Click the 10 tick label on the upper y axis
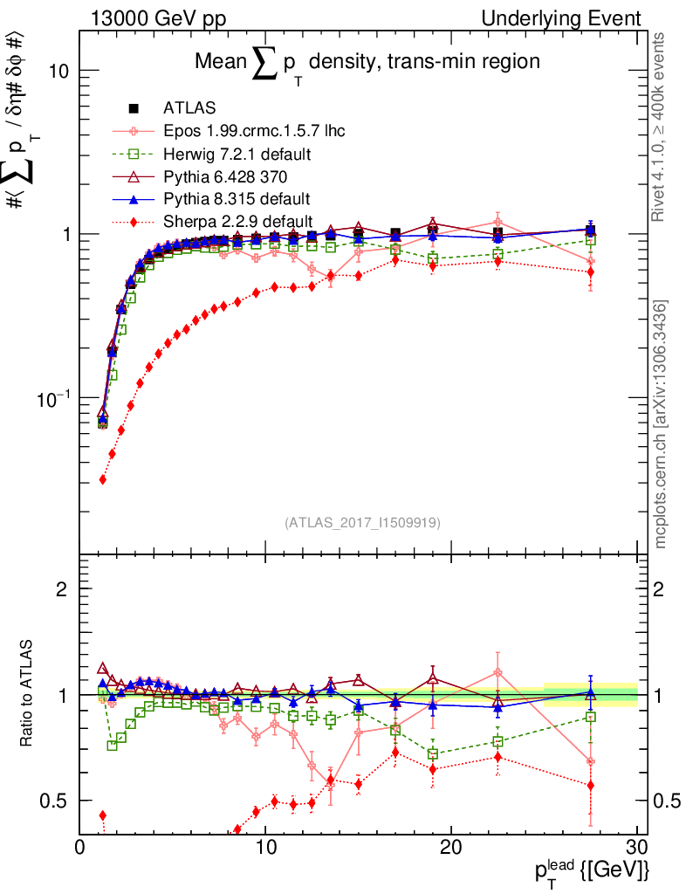coord(58,71)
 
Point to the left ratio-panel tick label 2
coord(61,589)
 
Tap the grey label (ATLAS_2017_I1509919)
coord(362,522)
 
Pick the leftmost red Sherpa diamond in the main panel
coord(103,479)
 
